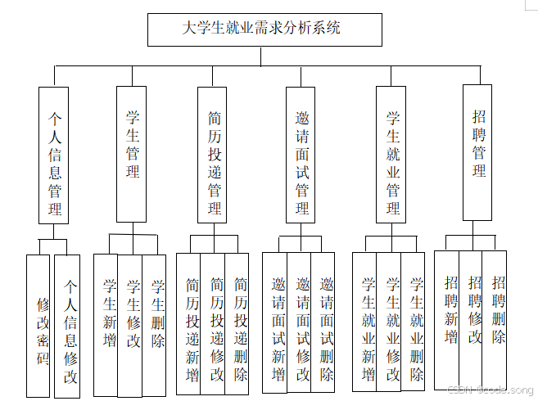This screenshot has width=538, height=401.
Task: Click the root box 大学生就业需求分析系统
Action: coord(264,29)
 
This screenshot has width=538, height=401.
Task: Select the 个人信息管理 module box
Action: coord(54,155)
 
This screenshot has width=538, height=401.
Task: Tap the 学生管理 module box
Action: coord(132,154)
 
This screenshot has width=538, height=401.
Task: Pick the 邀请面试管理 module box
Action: coord(301,154)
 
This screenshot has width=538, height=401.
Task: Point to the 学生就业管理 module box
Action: coord(392,154)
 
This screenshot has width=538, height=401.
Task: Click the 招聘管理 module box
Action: coord(478,152)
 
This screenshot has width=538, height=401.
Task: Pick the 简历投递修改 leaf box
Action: coord(215,324)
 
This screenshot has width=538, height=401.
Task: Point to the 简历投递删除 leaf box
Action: coord(238,324)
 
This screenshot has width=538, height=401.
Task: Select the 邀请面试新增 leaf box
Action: coord(275,324)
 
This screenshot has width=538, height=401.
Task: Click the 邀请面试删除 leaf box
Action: coord(324,324)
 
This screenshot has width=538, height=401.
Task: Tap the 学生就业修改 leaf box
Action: coord(391,322)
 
